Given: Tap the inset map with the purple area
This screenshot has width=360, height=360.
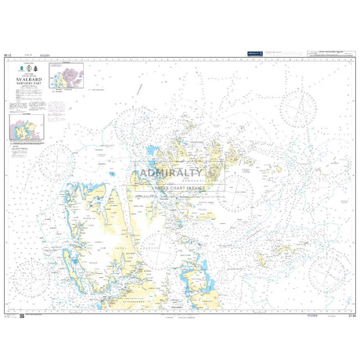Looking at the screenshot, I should [67, 77].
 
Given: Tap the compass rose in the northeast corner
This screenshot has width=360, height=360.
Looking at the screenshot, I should [299, 106].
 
